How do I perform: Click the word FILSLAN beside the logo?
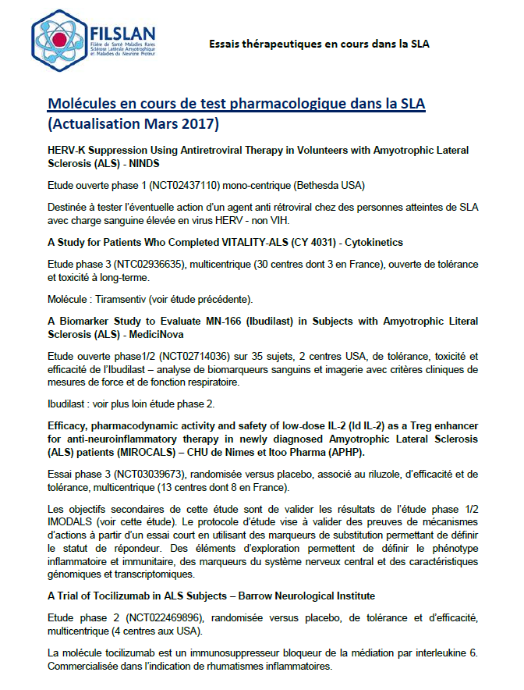pyautogui.click(x=118, y=33)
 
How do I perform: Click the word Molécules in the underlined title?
pyautogui.click(x=85, y=105)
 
